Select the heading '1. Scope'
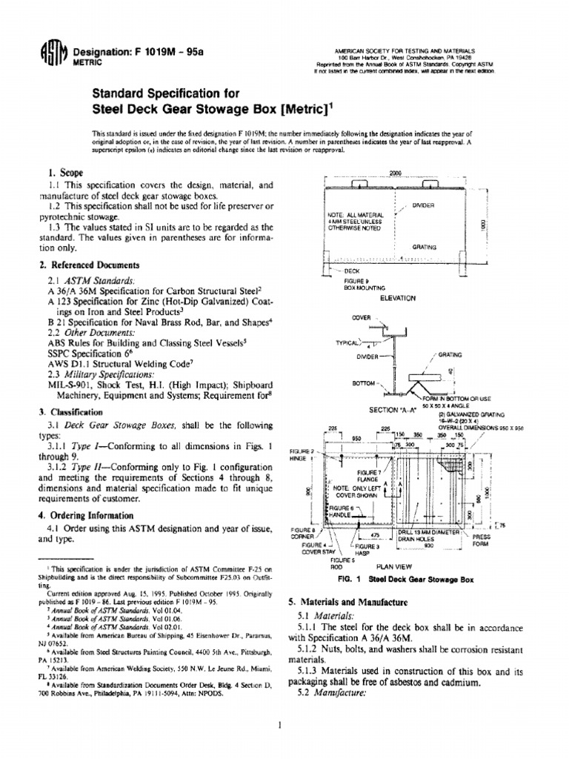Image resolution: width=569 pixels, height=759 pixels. [64, 171]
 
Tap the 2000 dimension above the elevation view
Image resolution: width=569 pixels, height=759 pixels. [395, 173]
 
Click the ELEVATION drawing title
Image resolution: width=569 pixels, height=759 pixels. [399, 297]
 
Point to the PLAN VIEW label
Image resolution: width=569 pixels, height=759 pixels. [399, 566]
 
